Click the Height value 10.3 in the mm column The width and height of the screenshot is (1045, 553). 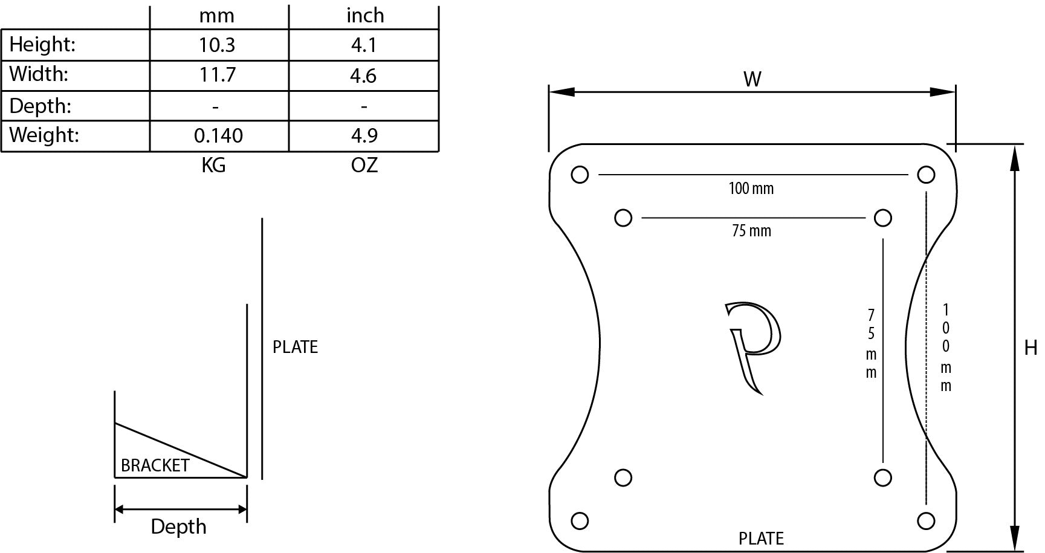coord(217,45)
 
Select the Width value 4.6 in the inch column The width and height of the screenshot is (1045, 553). coord(364,76)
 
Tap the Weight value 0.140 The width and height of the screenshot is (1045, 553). coord(218,135)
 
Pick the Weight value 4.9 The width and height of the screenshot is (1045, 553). coord(364,135)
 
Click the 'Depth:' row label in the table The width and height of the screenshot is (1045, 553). coord(40,106)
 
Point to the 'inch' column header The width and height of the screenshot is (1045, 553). coord(365,15)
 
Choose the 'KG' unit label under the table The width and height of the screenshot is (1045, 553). coord(213,165)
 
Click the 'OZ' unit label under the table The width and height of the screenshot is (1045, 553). coord(364,165)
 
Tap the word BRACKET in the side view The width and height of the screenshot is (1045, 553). coord(155,465)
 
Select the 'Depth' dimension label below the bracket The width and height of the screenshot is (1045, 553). coord(178,527)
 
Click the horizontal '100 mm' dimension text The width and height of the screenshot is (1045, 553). coord(751,189)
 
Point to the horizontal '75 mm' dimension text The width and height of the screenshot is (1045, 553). coord(751,231)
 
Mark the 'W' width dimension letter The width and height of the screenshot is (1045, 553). coord(752,79)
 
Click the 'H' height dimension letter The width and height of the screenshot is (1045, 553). coord(1030,348)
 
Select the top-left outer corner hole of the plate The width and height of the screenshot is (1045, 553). coord(580,175)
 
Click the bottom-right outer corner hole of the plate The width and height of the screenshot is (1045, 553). coord(926,520)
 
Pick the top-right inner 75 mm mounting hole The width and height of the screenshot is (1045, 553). coord(883,218)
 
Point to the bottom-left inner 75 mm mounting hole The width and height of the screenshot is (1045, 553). coord(623,477)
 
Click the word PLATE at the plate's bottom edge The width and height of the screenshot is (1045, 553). coord(761,538)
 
